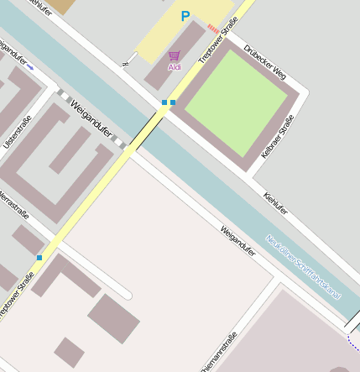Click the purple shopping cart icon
click(175, 55)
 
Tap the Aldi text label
click(175, 67)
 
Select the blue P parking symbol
click(185, 16)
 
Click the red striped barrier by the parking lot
click(213, 28)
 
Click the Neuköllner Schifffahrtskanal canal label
click(304, 266)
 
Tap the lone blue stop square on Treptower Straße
click(39, 257)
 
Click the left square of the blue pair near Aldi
click(164, 102)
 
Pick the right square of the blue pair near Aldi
click(173, 102)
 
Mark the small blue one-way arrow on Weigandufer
click(30, 65)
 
